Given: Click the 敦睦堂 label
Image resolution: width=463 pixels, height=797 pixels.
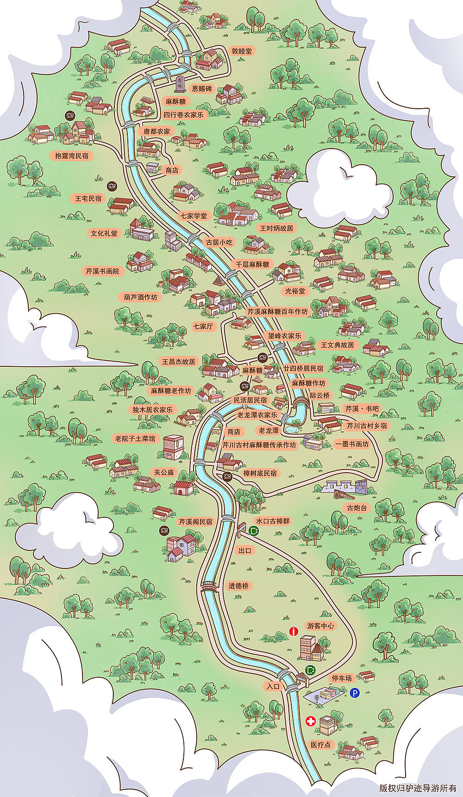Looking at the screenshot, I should coord(242,51).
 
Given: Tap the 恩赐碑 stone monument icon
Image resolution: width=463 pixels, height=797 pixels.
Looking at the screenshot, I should coord(180,84).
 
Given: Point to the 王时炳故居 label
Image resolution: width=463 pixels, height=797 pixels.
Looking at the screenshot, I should coord(276,228).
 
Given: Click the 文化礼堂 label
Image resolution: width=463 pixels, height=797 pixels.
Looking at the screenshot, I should coord(104,233).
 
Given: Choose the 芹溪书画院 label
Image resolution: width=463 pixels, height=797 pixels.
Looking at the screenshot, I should coord(102,271).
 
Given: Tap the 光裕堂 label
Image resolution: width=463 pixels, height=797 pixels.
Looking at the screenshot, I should coord(295,291).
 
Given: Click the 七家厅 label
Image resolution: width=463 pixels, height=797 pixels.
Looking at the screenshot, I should coord(203,326).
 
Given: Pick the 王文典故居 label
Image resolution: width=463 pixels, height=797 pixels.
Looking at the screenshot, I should coord(337,345).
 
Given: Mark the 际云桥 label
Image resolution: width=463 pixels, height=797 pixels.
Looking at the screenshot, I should coord(319,395).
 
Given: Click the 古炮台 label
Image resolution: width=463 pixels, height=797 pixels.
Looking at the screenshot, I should coord(357,507).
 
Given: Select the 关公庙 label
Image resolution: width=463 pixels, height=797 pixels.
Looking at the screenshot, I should coord(164,472).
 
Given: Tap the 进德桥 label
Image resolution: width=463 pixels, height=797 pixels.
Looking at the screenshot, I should coord(238,586).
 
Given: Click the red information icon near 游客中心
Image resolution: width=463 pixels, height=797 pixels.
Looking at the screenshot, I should coord(293,631).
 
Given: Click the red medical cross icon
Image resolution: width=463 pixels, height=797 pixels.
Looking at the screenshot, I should coord(311,721).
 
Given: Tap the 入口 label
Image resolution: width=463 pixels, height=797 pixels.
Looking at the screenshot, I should coord(273,686).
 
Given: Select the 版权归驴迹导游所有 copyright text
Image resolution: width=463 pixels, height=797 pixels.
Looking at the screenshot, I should coord(417,788).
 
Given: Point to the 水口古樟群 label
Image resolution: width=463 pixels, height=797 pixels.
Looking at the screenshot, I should coord(273,521).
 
